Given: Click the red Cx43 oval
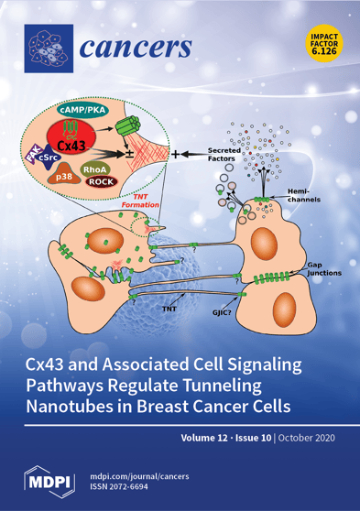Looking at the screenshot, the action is [x=81, y=145].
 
